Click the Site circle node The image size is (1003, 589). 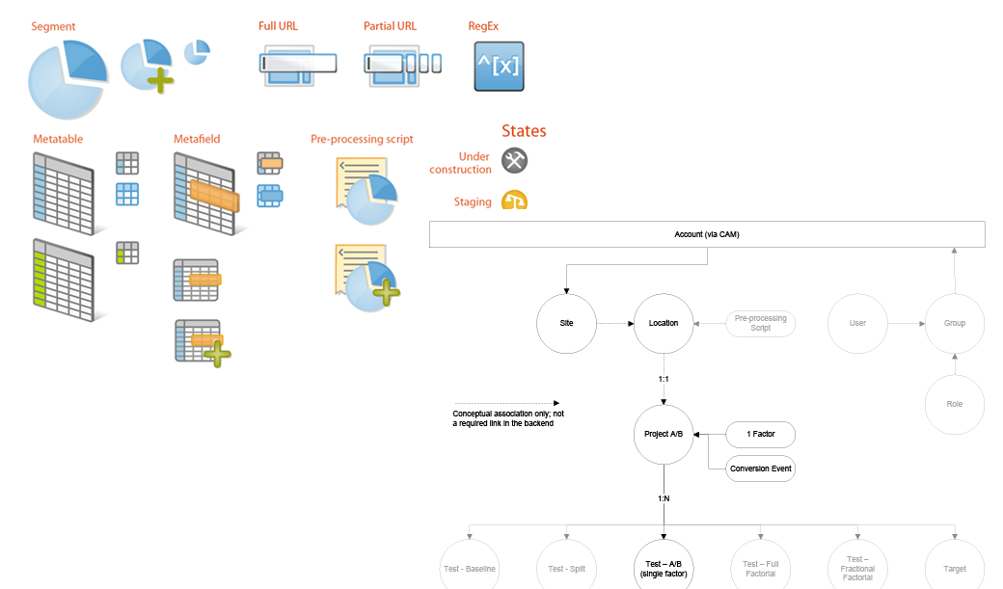[x=567, y=323]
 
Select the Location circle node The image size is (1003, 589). [x=664, y=323]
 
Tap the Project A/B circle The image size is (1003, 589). [x=664, y=434]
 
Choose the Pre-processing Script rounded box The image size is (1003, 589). [x=761, y=323]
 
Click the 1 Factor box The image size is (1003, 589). [x=761, y=435]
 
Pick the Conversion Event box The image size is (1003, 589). [x=761, y=469]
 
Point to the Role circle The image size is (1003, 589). [x=954, y=404]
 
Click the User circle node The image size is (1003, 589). [x=857, y=323]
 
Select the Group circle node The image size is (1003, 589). [x=954, y=323]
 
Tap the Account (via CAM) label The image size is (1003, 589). [x=706, y=234]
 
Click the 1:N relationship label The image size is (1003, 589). [x=664, y=498]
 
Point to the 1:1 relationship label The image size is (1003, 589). [x=664, y=379]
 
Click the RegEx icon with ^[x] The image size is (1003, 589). [x=499, y=67]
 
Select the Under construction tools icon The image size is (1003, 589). [x=515, y=161]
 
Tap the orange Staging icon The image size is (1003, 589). [x=514, y=201]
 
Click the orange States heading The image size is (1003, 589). [x=524, y=131]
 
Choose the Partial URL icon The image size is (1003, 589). [x=402, y=65]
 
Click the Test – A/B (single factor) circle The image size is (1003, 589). [x=664, y=569]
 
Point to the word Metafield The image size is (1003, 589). [x=197, y=139]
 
